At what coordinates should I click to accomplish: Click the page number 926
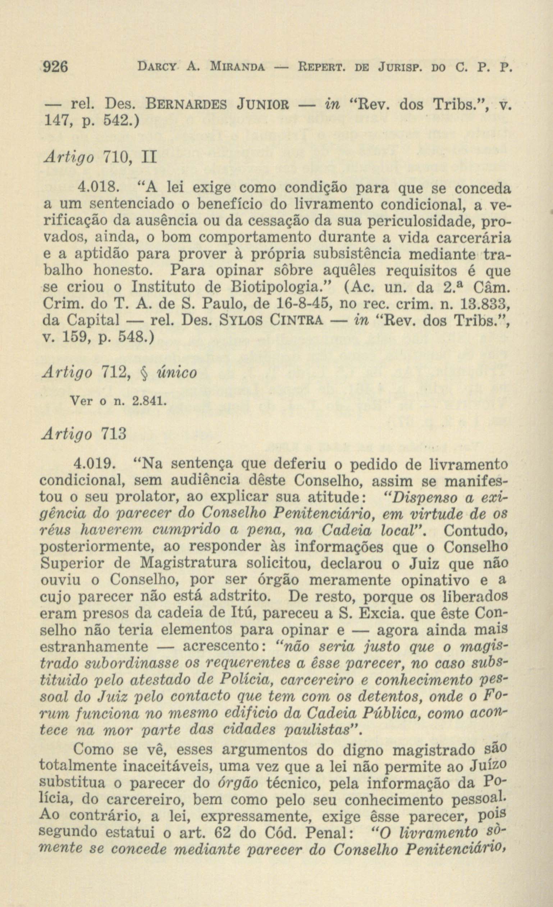point(56,67)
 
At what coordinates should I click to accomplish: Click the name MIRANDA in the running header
point(237,68)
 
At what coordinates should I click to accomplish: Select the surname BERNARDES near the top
point(187,106)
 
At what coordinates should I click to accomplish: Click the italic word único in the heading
point(177,373)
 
